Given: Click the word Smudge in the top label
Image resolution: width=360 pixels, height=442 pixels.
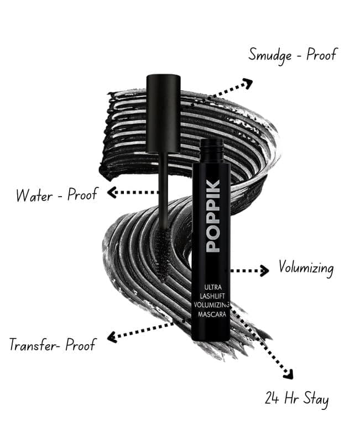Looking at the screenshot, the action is pyautogui.click(x=270, y=55).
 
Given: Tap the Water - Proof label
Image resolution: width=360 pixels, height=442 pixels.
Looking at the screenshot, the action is pyautogui.click(x=57, y=194).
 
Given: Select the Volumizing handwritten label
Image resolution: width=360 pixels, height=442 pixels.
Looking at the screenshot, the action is pyautogui.click(x=306, y=267).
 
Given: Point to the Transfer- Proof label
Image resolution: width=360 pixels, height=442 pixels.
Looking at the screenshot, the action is pyautogui.click(x=53, y=344).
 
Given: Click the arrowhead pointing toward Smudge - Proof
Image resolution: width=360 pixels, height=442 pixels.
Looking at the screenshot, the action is pyautogui.click(x=247, y=84).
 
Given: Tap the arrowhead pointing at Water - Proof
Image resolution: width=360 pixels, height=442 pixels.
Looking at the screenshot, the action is pyautogui.click(x=112, y=192).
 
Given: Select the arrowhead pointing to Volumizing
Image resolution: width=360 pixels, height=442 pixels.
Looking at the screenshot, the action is pyautogui.click(x=264, y=271).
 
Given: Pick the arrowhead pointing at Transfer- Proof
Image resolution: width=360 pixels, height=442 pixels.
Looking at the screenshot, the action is pyautogui.click(x=112, y=336).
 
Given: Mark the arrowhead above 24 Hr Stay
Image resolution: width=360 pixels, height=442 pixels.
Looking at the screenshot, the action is pyautogui.click(x=289, y=374).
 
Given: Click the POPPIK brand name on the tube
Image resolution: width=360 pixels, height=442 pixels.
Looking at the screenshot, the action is pyautogui.click(x=213, y=215).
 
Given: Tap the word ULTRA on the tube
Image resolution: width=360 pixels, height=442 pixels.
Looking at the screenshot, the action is pyautogui.click(x=213, y=287).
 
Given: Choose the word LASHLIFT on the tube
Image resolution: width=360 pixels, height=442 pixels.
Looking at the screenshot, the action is pyautogui.click(x=212, y=296).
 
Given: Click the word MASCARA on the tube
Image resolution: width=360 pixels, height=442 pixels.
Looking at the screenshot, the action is pyautogui.click(x=212, y=314).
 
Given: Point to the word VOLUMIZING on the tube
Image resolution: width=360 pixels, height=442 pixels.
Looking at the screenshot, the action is pyautogui.click(x=212, y=305).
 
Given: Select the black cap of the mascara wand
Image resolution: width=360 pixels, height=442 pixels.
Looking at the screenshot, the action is pyautogui.click(x=163, y=113).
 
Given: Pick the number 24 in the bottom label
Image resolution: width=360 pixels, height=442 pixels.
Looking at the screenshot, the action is pyautogui.click(x=272, y=398).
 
